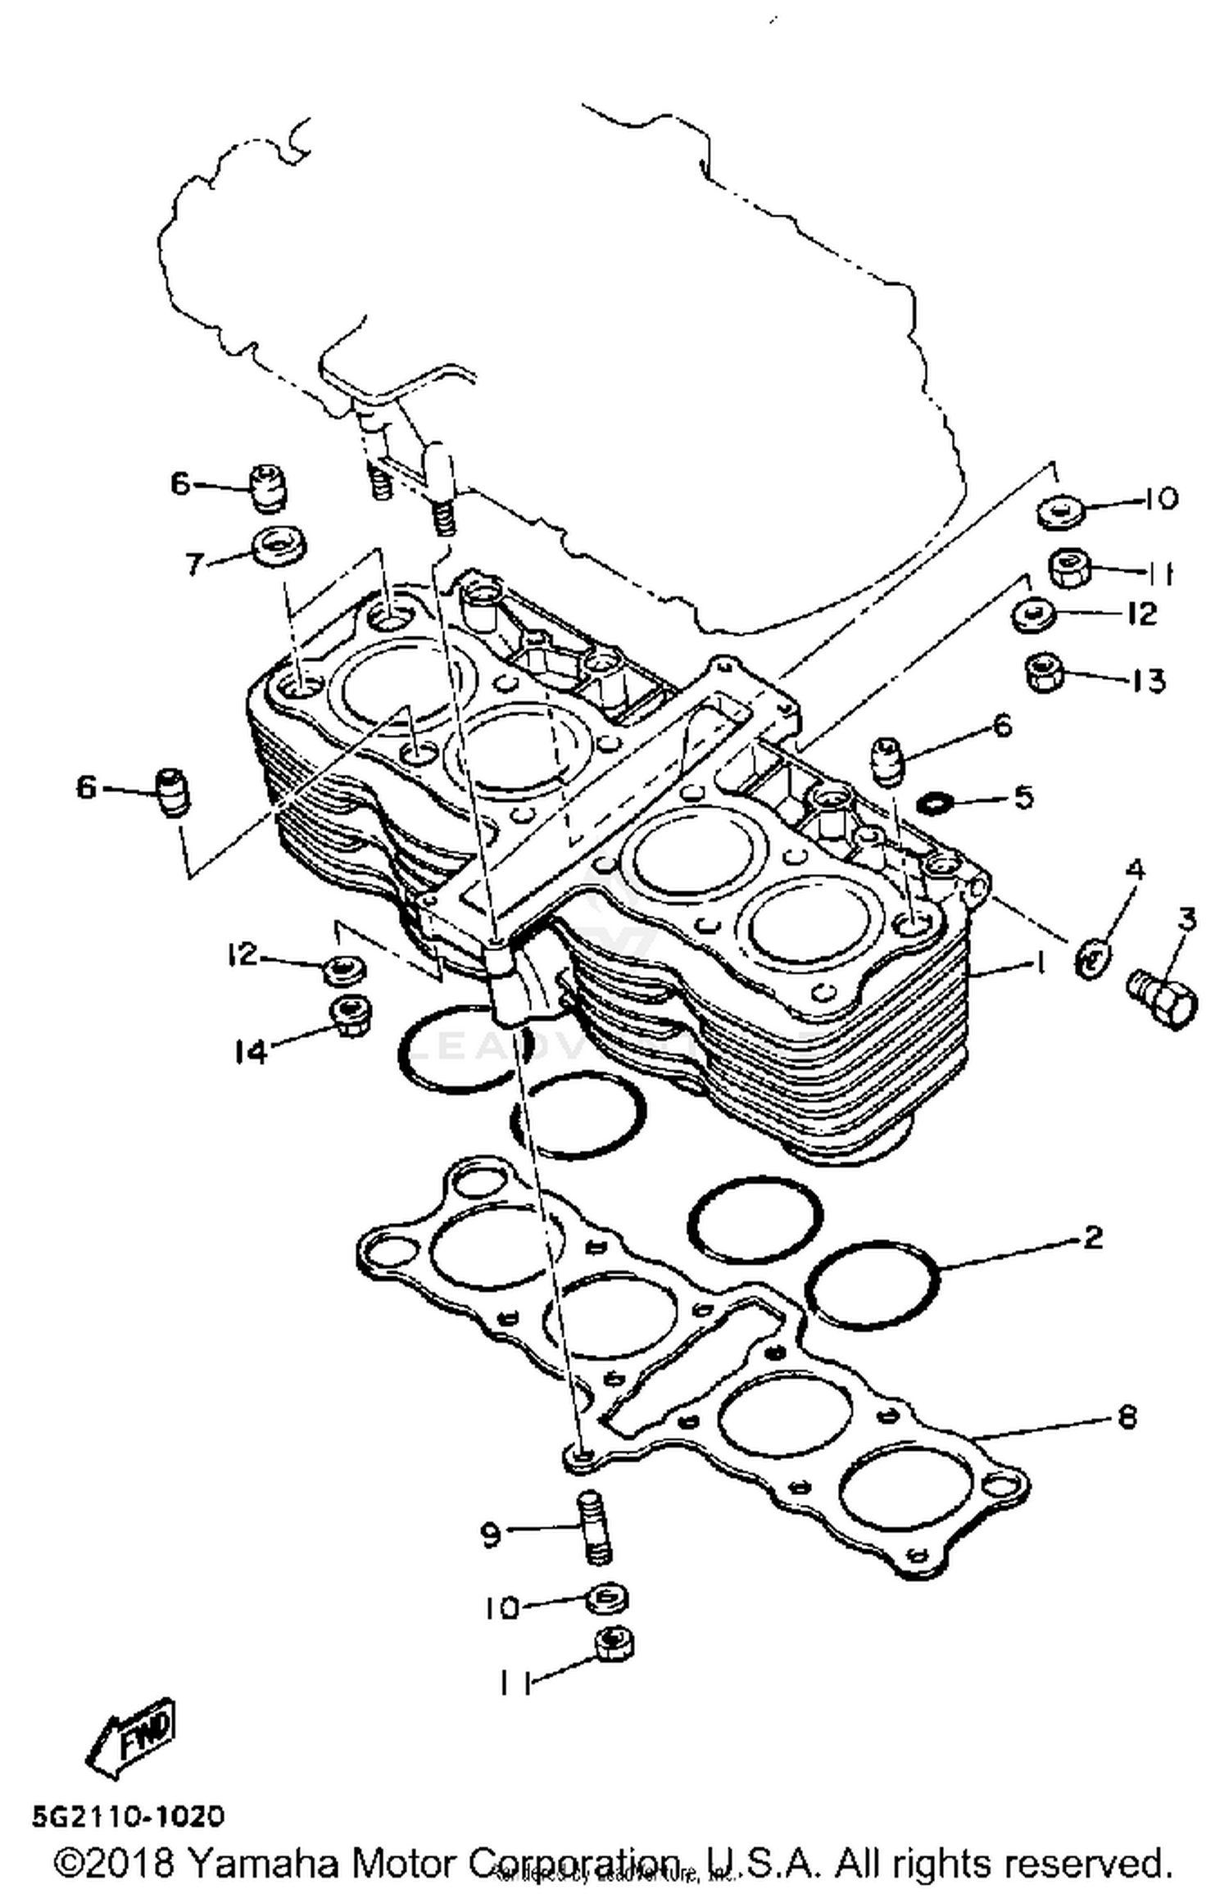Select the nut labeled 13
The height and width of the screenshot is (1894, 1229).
click(1044, 673)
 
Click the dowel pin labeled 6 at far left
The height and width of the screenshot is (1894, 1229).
click(172, 792)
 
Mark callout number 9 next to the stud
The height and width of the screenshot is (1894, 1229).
click(489, 1533)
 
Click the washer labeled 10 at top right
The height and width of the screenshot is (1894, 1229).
click(1061, 513)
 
